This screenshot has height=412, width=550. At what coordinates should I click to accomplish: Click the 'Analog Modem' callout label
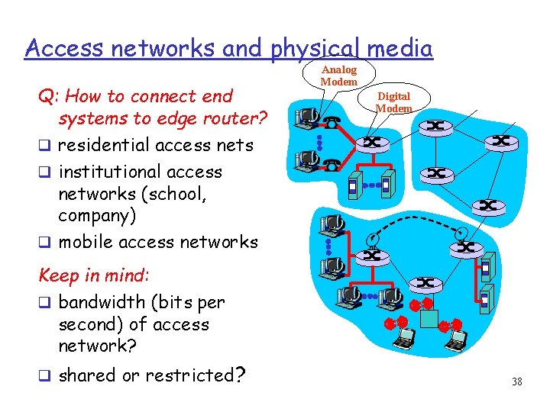[x=338, y=76]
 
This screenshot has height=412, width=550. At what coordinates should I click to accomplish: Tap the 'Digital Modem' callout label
[x=393, y=101]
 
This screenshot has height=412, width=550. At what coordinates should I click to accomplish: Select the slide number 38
[x=517, y=381]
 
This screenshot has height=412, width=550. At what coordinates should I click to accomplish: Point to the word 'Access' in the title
[x=63, y=49]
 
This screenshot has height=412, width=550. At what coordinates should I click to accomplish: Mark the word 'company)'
[x=97, y=215]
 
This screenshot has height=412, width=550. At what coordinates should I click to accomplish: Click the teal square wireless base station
[x=429, y=317]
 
